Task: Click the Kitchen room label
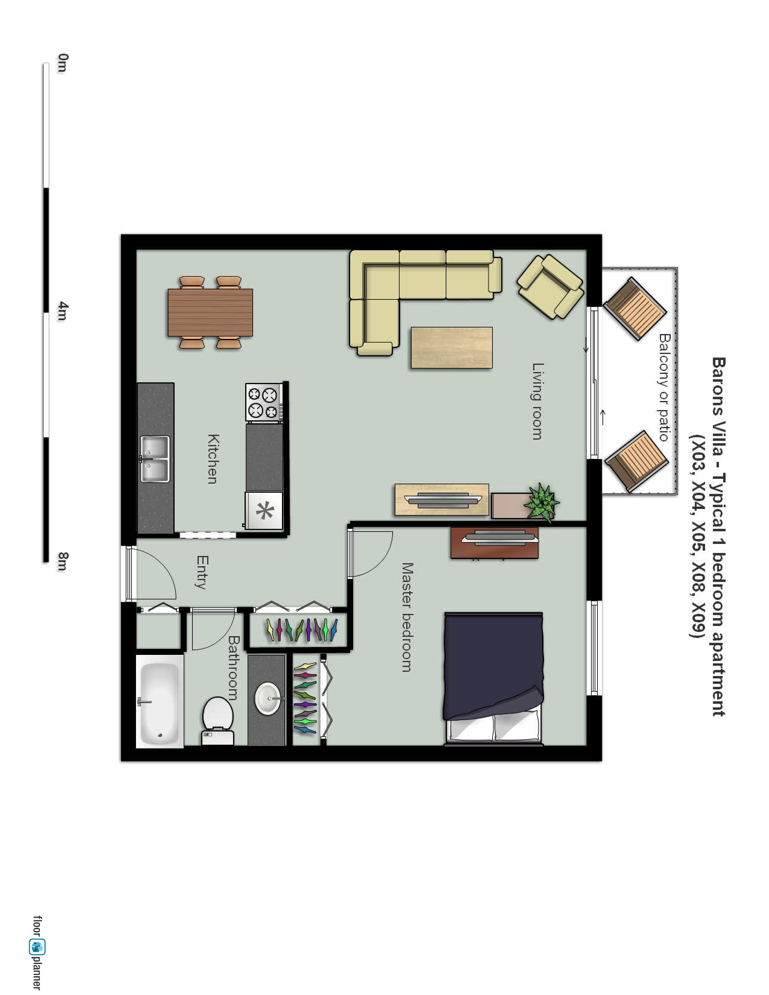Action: click(213, 459)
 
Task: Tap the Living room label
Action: click(538, 401)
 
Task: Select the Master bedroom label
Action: click(407, 617)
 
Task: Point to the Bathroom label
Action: click(233, 668)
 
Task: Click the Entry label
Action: click(202, 572)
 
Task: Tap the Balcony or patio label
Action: click(665, 387)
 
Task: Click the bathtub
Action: click(160, 702)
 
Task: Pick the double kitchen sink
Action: click(155, 459)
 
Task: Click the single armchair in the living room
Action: click(550, 286)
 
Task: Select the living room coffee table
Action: click(451, 348)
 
